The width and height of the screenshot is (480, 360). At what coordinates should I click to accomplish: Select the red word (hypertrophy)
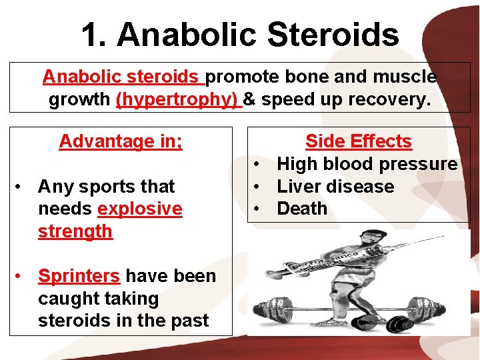coord(177,100)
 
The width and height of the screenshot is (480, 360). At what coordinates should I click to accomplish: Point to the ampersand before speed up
coord(249,100)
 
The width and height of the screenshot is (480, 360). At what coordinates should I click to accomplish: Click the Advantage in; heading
coord(121,141)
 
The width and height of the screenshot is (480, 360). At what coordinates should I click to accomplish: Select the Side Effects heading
coord(358,141)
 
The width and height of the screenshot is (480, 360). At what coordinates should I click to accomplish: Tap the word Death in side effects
coord(302,209)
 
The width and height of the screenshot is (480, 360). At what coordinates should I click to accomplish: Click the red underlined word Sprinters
coord(79,276)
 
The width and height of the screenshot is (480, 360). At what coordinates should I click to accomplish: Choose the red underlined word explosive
coord(139,209)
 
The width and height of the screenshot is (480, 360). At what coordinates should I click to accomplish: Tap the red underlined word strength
coord(75,231)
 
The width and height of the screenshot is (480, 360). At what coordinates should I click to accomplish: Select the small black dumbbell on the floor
coord(400,324)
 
